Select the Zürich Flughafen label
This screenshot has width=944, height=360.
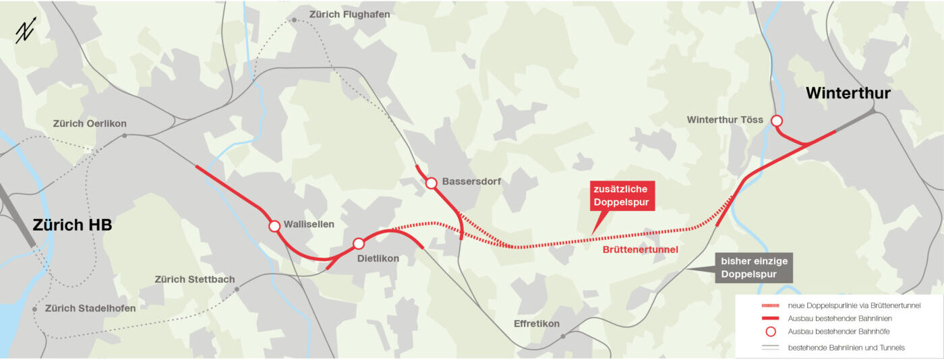pyautogui.click(x=349, y=14)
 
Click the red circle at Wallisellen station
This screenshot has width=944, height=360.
pyautogui.click(x=274, y=227)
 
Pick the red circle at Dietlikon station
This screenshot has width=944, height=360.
pyautogui.click(x=359, y=243)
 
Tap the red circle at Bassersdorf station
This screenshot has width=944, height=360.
pyautogui.click(x=432, y=183)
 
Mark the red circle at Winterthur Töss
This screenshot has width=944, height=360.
pyautogui.click(x=777, y=121)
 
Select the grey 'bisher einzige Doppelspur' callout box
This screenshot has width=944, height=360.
pyautogui.click(x=754, y=267)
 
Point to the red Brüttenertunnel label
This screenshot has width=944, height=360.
pyautogui.click(x=640, y=249)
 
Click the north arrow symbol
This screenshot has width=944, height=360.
pyautogui.click(x=26, y=32)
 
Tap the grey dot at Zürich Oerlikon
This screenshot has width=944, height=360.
pyautogui.click(x=125, y=136)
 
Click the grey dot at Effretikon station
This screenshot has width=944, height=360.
pyautogui.click(x=563, y=335)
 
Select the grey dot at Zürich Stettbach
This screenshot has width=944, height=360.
pyautogui.click(x=237, y=289)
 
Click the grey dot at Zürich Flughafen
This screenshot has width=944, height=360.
pyautogui.click(x=295, y=20)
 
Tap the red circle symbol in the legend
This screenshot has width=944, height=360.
pyautogui.click(x=771, y=332)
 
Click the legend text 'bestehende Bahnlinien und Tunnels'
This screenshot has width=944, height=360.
pyautogui.click(x=846, y=347)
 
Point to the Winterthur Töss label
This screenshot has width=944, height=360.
pyautogui.click(x=725, y=120)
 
